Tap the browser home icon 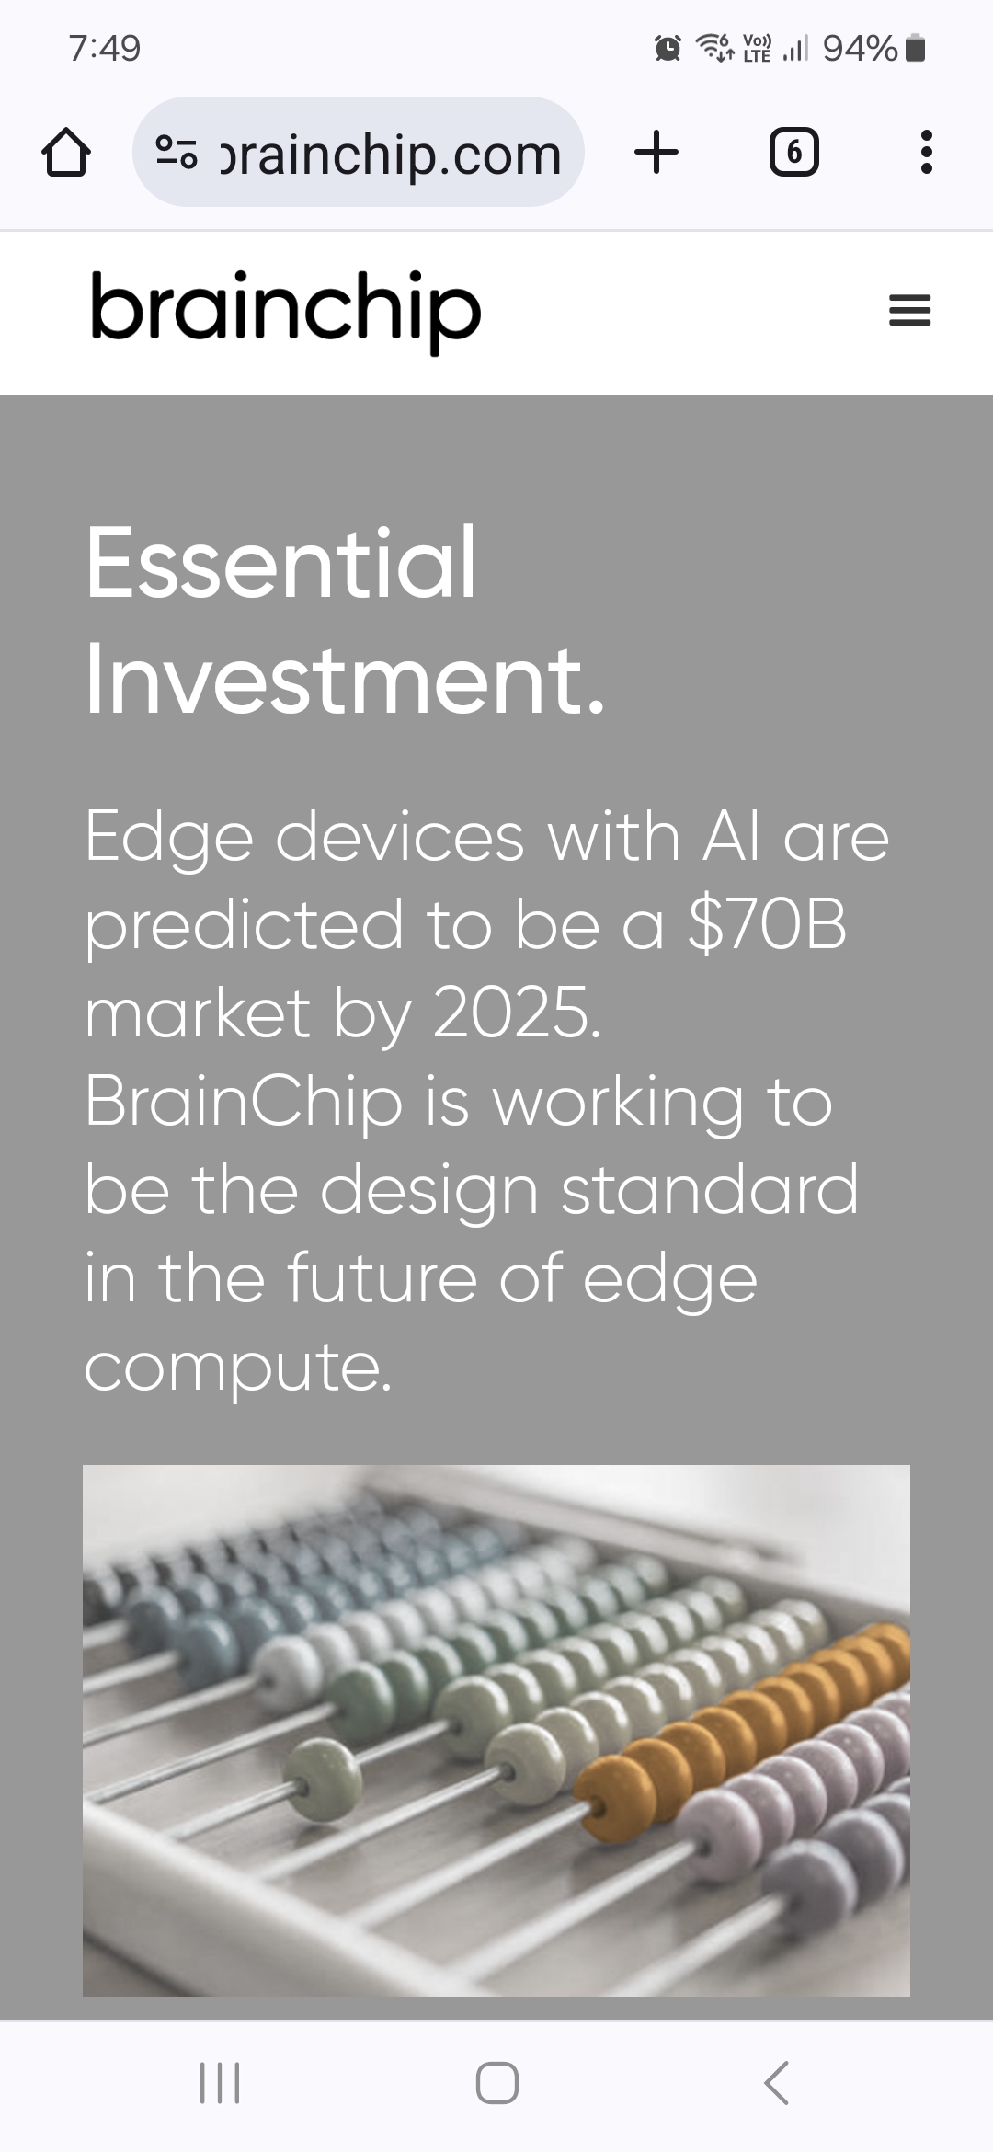click(66, 152)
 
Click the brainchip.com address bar click(359, 152)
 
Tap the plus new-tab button click(656, 152)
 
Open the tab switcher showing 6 click(793, 152)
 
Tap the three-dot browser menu click(927, 152)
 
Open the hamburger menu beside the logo click(910, 311)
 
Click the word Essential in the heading click(281, 562)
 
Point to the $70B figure click(767, 924)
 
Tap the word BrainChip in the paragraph click(245, 1103)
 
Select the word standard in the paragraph click(710, 1189)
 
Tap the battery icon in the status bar click(915, 48)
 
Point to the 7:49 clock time click(105, 48)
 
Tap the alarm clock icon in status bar click(668, 48)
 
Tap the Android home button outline click(497, 2083)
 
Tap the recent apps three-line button click(220, 2083)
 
